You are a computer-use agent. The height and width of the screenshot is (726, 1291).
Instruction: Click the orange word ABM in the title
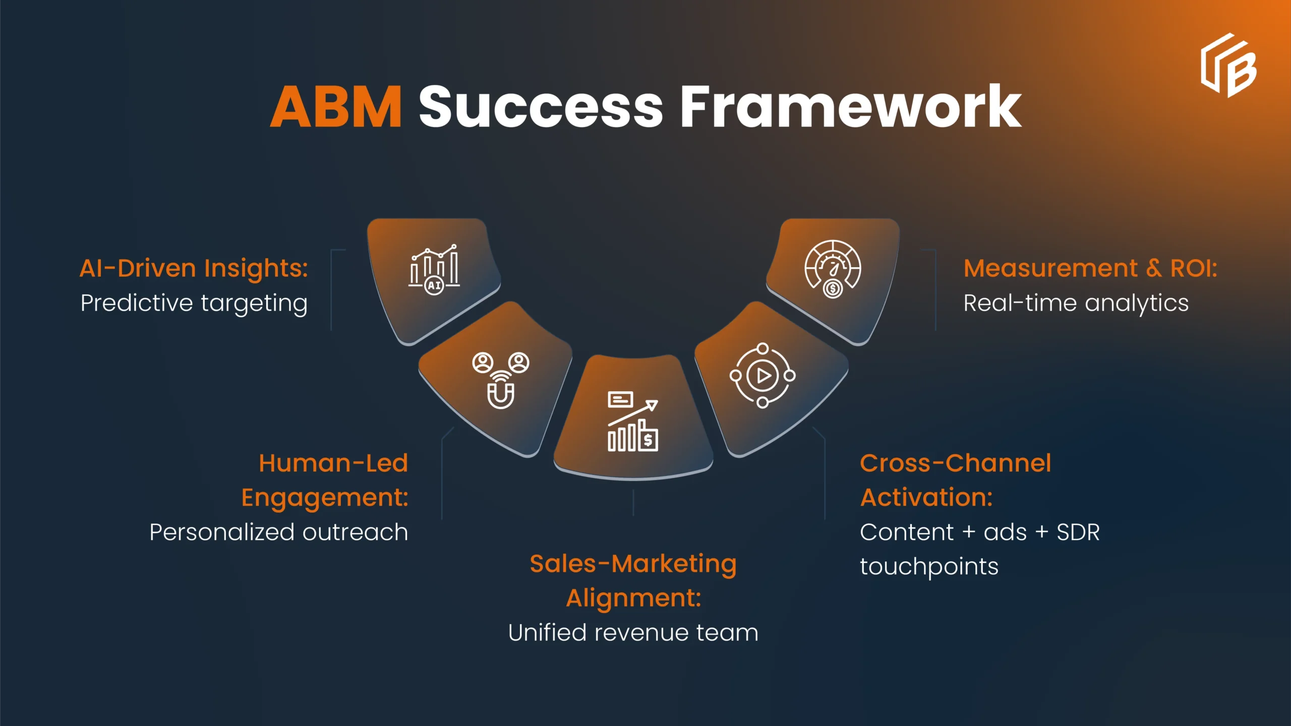[x=336, y=107]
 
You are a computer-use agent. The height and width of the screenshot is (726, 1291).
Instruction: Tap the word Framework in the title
[x=850, y=107]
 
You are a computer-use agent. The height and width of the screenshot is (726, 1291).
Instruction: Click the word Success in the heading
[x=541, y=107]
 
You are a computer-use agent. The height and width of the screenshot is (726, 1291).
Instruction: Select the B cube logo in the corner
[x=1228, y=66]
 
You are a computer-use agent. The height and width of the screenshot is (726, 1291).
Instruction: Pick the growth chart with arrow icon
[x=633, y=421]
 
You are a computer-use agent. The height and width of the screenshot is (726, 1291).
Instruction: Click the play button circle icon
[x=762, y=376]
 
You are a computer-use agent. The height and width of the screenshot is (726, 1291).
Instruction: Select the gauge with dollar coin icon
[x=833, y=269]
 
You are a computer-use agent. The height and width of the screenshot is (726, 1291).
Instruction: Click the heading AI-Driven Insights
[x=194, y=268]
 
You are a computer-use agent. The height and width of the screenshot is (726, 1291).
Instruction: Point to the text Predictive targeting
[x=194, y=303]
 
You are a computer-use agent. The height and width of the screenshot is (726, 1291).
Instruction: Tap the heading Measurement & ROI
[x=1090, y=268]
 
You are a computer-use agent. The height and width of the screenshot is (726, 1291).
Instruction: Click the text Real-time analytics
[x=1076, y=303]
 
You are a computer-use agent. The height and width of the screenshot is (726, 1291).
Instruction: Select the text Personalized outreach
[x=278, y=532]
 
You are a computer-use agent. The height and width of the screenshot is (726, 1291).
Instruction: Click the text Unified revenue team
[x=633, y=633]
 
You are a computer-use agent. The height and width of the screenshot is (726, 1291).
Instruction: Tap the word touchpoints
[x=929, y=567]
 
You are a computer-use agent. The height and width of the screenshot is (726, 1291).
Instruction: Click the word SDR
[x=1078, y=532]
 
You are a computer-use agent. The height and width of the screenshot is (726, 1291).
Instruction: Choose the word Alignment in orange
[x=633, y=598]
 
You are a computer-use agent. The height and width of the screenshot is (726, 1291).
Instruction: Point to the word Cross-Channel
[x=955, y=463]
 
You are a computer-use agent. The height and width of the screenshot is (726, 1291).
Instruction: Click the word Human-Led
[x=333, y=463]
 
